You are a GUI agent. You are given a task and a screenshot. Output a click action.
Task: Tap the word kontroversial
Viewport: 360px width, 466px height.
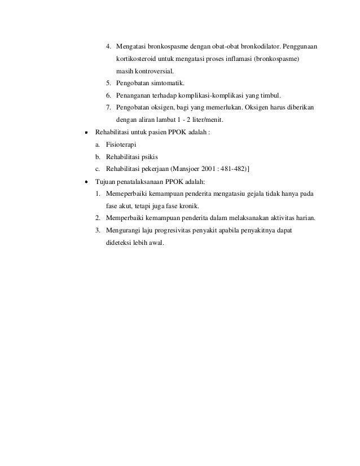click(x=153, y=72)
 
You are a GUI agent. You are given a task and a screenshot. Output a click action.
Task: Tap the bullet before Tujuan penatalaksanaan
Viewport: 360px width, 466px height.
click(x=87, y=183)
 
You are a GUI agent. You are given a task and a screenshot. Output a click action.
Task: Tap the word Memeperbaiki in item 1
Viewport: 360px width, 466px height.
click(x=128, y=195)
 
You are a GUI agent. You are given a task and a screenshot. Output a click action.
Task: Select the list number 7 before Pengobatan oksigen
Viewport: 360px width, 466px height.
click(x=108, y=108)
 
